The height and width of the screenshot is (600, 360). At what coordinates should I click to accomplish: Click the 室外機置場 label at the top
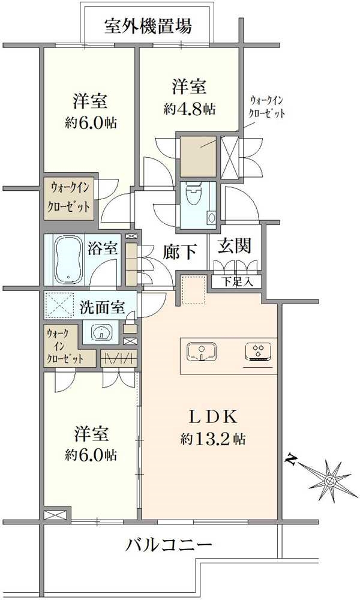(148, 27)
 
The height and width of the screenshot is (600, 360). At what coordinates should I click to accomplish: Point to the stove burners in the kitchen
(259, 352)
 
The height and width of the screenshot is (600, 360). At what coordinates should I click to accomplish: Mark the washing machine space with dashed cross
(60, 305)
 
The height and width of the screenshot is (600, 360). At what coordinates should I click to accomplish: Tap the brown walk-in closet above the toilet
(197, 157)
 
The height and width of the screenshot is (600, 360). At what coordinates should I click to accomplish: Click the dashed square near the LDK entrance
(193, 290)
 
